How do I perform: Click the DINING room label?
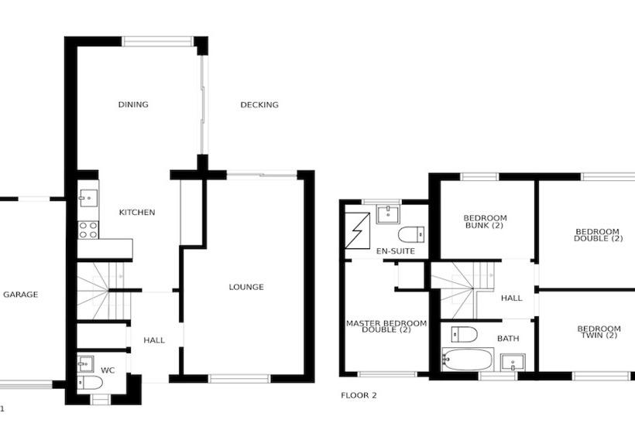tap(133, 105)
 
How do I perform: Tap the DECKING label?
tap(259, 105)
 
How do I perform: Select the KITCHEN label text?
tap(136, 213)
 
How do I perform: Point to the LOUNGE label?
tap(246, 288)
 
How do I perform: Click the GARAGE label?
tap(20, 295)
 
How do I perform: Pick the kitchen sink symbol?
tap(88, 197)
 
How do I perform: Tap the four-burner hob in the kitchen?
tap(88, 229)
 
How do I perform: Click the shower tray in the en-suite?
tap(359, 229)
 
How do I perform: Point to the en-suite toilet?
tap(410, 234)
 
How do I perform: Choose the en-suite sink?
tap(387, 213)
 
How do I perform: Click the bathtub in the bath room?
tap(468, 360)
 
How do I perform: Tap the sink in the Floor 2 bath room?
tap(512, 362)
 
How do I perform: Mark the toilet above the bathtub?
tap(463, 334)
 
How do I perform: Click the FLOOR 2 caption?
tap(359, 395)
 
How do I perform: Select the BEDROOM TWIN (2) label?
tap(599, 332)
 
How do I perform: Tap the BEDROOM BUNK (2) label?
tap(484, 221)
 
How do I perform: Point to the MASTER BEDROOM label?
tap(386, 326)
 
